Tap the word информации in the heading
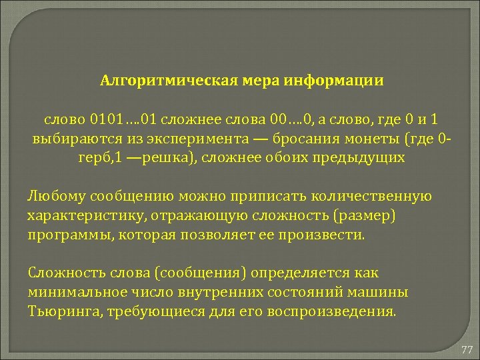[334, 81]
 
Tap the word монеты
[377, 139]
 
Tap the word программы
[64, 235]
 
